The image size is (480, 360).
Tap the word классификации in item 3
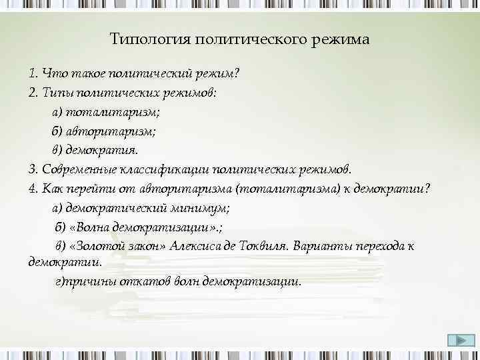[165, 169]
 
